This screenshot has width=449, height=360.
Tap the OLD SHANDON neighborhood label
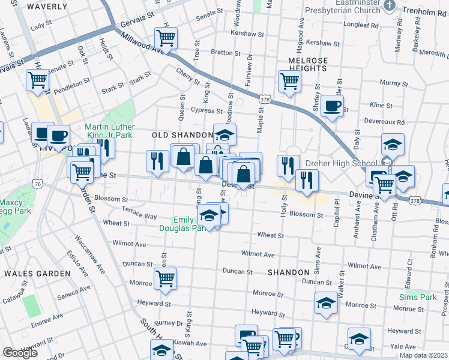pos(182,135)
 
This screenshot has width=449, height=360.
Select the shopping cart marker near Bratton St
pos(166,37)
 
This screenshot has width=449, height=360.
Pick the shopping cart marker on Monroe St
pos(165,278)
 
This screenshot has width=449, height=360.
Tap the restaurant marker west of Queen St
pos(157,161)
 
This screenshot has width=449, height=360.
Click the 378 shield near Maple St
pos(265,98)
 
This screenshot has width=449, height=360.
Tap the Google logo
pos(20,353)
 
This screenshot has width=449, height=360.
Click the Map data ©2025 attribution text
pos(423,355)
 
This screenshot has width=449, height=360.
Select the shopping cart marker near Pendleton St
pos(37,80)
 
